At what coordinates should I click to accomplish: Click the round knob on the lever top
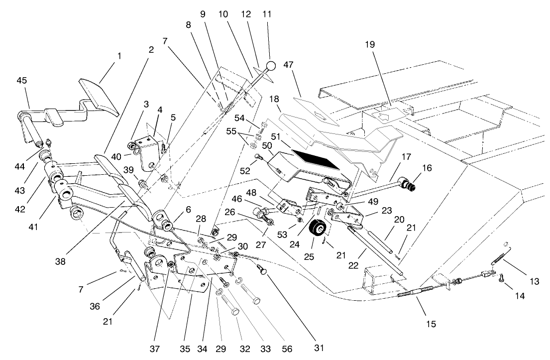pyautogui.click(x=270, y=66)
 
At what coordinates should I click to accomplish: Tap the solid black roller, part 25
pyautogui.click(x=317, y=231)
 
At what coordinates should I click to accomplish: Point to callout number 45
pyautogui.click(x=22, y=80)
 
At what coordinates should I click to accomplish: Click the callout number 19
pyautogui.click(x=369, y=44)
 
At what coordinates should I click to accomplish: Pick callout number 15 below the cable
pyautogui.click(x=431, y=324)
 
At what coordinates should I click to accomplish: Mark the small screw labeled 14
pyautogui.click(x=501, y=281)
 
